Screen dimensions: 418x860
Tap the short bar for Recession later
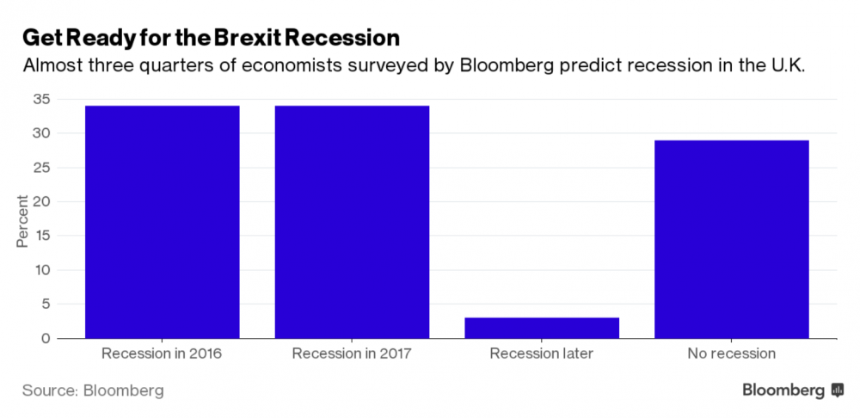(541, 328)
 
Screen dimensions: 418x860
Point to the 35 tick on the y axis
(41, 99)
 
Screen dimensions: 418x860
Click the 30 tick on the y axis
(41, 133)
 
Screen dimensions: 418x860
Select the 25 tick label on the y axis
(41, 168)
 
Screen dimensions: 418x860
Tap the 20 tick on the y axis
(41, 201)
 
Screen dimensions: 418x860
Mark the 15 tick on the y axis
(41, 236)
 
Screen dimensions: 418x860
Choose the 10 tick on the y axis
(41, 270)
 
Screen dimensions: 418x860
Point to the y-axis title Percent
(22, 220)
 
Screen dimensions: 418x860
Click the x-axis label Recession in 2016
(163, 353)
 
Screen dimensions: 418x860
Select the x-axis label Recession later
(541, 353)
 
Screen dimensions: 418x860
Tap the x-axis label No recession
(731, 353)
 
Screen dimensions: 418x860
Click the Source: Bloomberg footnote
(93, 390)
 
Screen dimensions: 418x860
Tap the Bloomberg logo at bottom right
(792, 390)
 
